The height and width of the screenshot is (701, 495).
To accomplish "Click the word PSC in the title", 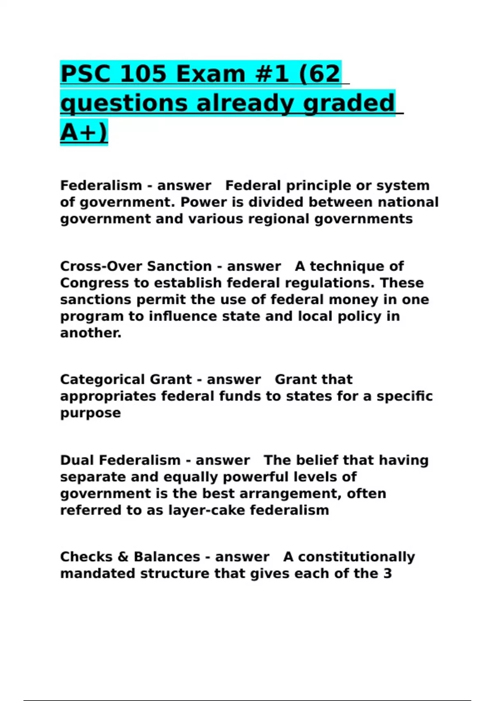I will click(86, 74).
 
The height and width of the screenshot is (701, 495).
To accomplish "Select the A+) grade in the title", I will click(84, 132).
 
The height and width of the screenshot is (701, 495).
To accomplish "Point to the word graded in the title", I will click(349, 103).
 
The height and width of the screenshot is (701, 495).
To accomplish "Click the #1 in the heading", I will click(269, 74).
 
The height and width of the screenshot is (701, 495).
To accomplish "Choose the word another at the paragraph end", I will click(91, 333).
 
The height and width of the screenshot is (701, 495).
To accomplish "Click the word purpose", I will click(90, 413).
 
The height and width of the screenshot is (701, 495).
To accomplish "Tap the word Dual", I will click(77, 460).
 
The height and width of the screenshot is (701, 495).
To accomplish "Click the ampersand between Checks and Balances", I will click(123, 557).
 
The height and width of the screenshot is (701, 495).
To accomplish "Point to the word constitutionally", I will click(356, 557).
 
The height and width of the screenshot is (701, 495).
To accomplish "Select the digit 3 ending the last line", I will click(387, 574).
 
